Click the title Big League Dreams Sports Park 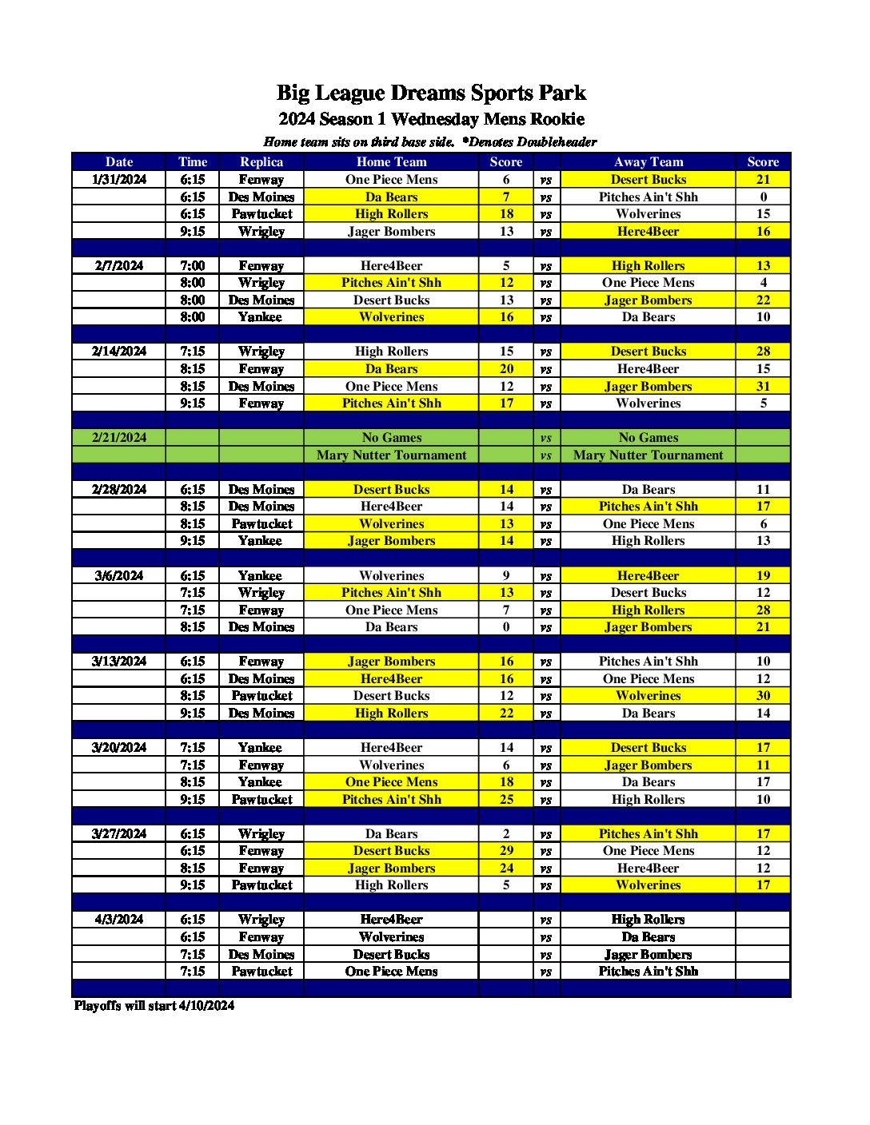431,93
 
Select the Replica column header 261,161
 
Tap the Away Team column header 648,161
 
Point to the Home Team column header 391,161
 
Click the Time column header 193,161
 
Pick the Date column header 119,161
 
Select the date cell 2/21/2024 119,438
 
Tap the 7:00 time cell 193,266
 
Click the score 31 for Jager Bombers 763,386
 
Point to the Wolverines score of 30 763,696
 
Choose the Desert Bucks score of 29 506,851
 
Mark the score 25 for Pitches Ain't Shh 506,799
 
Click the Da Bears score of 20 506,369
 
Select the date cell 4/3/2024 119,920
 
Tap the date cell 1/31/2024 119,180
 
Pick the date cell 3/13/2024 119,662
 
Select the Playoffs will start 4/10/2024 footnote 154,1005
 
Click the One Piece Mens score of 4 763,283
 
